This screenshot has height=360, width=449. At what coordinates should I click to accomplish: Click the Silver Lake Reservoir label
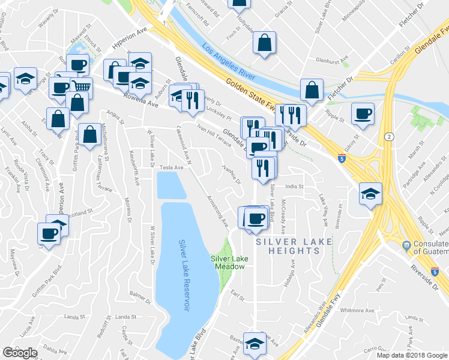[185, 275]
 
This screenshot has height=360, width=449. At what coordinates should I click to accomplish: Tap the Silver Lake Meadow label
[228, 262]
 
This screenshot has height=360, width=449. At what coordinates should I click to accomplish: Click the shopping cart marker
[81, 87]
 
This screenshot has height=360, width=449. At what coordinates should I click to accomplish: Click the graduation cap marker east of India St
[370, 193]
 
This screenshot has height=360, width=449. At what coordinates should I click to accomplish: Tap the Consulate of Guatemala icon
[406, 245]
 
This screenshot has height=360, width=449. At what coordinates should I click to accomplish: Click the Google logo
[20, 352]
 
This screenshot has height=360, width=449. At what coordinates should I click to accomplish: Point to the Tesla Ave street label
[170, 168]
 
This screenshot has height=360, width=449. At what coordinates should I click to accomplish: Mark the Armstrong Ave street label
[217, 209]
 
